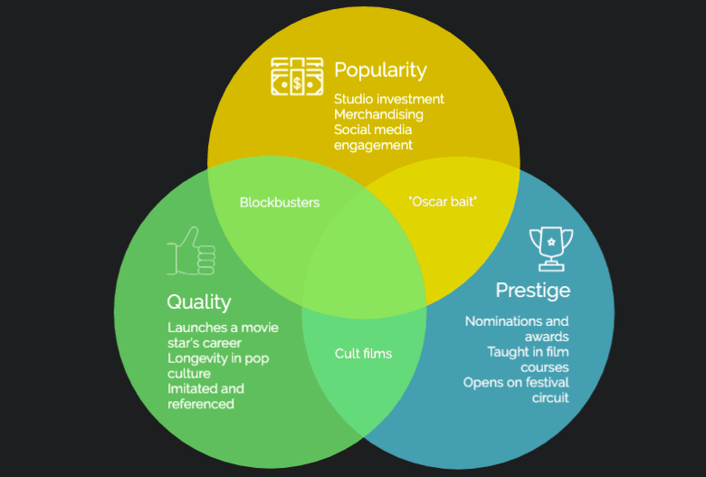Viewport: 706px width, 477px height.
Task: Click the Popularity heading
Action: tap(380, 70)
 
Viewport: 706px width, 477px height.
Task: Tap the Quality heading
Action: tap(199, 301)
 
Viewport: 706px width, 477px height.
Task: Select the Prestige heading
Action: tap(532, 290)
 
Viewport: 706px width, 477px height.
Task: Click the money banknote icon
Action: tap(297, 77)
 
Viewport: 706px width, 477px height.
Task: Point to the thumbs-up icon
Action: tap(192, 251)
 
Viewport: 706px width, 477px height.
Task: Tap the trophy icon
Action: tap(550, 248)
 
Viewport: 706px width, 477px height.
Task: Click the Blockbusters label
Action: tap(280, 203)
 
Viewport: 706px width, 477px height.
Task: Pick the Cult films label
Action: tap(363, 353)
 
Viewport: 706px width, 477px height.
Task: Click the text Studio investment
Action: tap(389, 99)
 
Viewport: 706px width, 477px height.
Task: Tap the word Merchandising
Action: tap(378, 114)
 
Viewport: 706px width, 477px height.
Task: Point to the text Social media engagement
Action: tap(373, 138)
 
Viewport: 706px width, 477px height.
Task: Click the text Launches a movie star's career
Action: tap(223, 335)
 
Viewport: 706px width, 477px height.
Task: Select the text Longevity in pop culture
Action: tap(218, 366)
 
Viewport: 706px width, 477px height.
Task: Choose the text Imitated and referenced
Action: tap(205, 396)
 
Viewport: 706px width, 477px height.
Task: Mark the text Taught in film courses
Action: tap(528, 359)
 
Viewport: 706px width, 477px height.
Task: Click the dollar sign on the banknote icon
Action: tap(297, 82)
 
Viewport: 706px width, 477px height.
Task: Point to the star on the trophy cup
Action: tap(550, 239)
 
